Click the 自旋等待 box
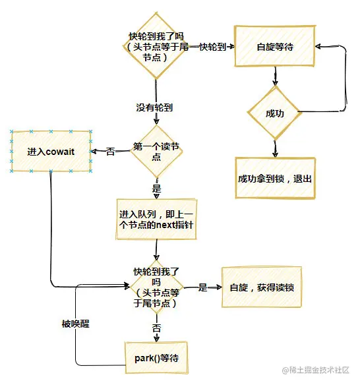click(x=274, y=46)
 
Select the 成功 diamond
click(x=274, y=113)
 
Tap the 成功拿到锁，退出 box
click(x=275, y=178)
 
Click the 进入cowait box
click(x=51, y=151)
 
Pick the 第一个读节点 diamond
click(x=156, y=151)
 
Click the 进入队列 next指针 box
click(x=156, y=220)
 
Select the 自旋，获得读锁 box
click(x=262, y=287)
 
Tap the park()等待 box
click(x=156, y=358)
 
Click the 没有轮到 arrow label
click(x=154, y=107)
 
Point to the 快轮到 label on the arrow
click(x=212, y=47)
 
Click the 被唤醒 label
click(x=75, y=324)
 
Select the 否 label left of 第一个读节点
click(x=111, y=152)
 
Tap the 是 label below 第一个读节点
click(x=156, y=189)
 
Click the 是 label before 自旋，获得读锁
click(x=203, y=287)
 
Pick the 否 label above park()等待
click(x=156, y=328)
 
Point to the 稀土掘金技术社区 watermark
click(x=316, y=370)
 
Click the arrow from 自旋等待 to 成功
click(x=276, y=76)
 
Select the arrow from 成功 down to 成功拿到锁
click(x=275, y=148)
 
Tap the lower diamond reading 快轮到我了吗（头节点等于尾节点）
click(x=156, y=287)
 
